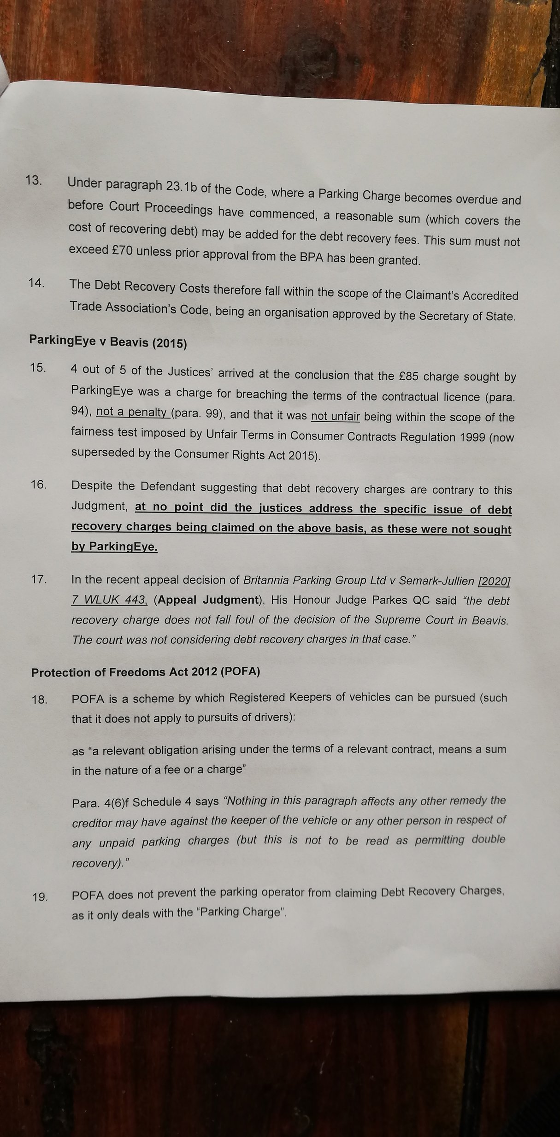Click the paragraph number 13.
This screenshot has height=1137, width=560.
coord(34,181)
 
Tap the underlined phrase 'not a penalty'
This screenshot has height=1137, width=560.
coord(132,412)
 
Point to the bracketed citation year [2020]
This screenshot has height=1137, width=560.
coord(494,582)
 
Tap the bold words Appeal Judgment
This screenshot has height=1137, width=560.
coord(207,600)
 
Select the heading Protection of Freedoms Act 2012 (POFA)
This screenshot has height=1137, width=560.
coord(145,672)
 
